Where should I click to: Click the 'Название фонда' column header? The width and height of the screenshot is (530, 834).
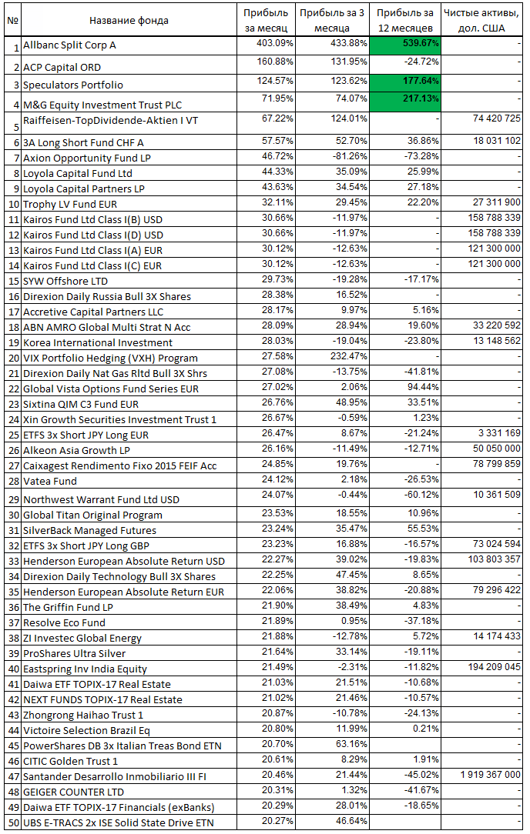coord(129,21)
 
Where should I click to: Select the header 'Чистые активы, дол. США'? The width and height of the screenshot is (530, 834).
coord(481,20)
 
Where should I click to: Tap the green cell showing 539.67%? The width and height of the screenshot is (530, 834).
coord(405,45)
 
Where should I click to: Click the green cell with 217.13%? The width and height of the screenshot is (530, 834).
coord(405,102)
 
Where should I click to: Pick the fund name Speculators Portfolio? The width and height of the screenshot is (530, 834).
coord(73,85)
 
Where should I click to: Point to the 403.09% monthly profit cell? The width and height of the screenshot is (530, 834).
coord(275,42)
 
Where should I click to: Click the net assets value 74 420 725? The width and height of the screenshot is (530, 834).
coord(496,118)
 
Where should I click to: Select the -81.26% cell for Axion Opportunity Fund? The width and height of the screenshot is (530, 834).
coord(349,156)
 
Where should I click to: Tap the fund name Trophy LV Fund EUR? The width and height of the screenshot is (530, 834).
coord(70,204)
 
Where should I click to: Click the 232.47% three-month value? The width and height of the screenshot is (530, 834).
coord(349,356)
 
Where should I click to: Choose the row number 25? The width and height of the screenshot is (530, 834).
coord(14,435)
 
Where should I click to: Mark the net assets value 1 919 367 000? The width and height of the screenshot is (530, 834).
coord(491,775)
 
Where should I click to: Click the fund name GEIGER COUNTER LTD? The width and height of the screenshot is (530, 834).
coord(73,792)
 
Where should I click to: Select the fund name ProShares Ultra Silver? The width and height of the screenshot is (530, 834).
coord(75,654)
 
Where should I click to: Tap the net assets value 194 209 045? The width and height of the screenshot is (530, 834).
coord(495,667)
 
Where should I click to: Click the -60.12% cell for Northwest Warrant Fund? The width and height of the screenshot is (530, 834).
coord(421,495)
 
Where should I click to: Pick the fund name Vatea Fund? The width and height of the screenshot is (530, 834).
coord(50,482)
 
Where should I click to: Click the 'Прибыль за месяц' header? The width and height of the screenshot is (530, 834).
coord(266,20)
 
